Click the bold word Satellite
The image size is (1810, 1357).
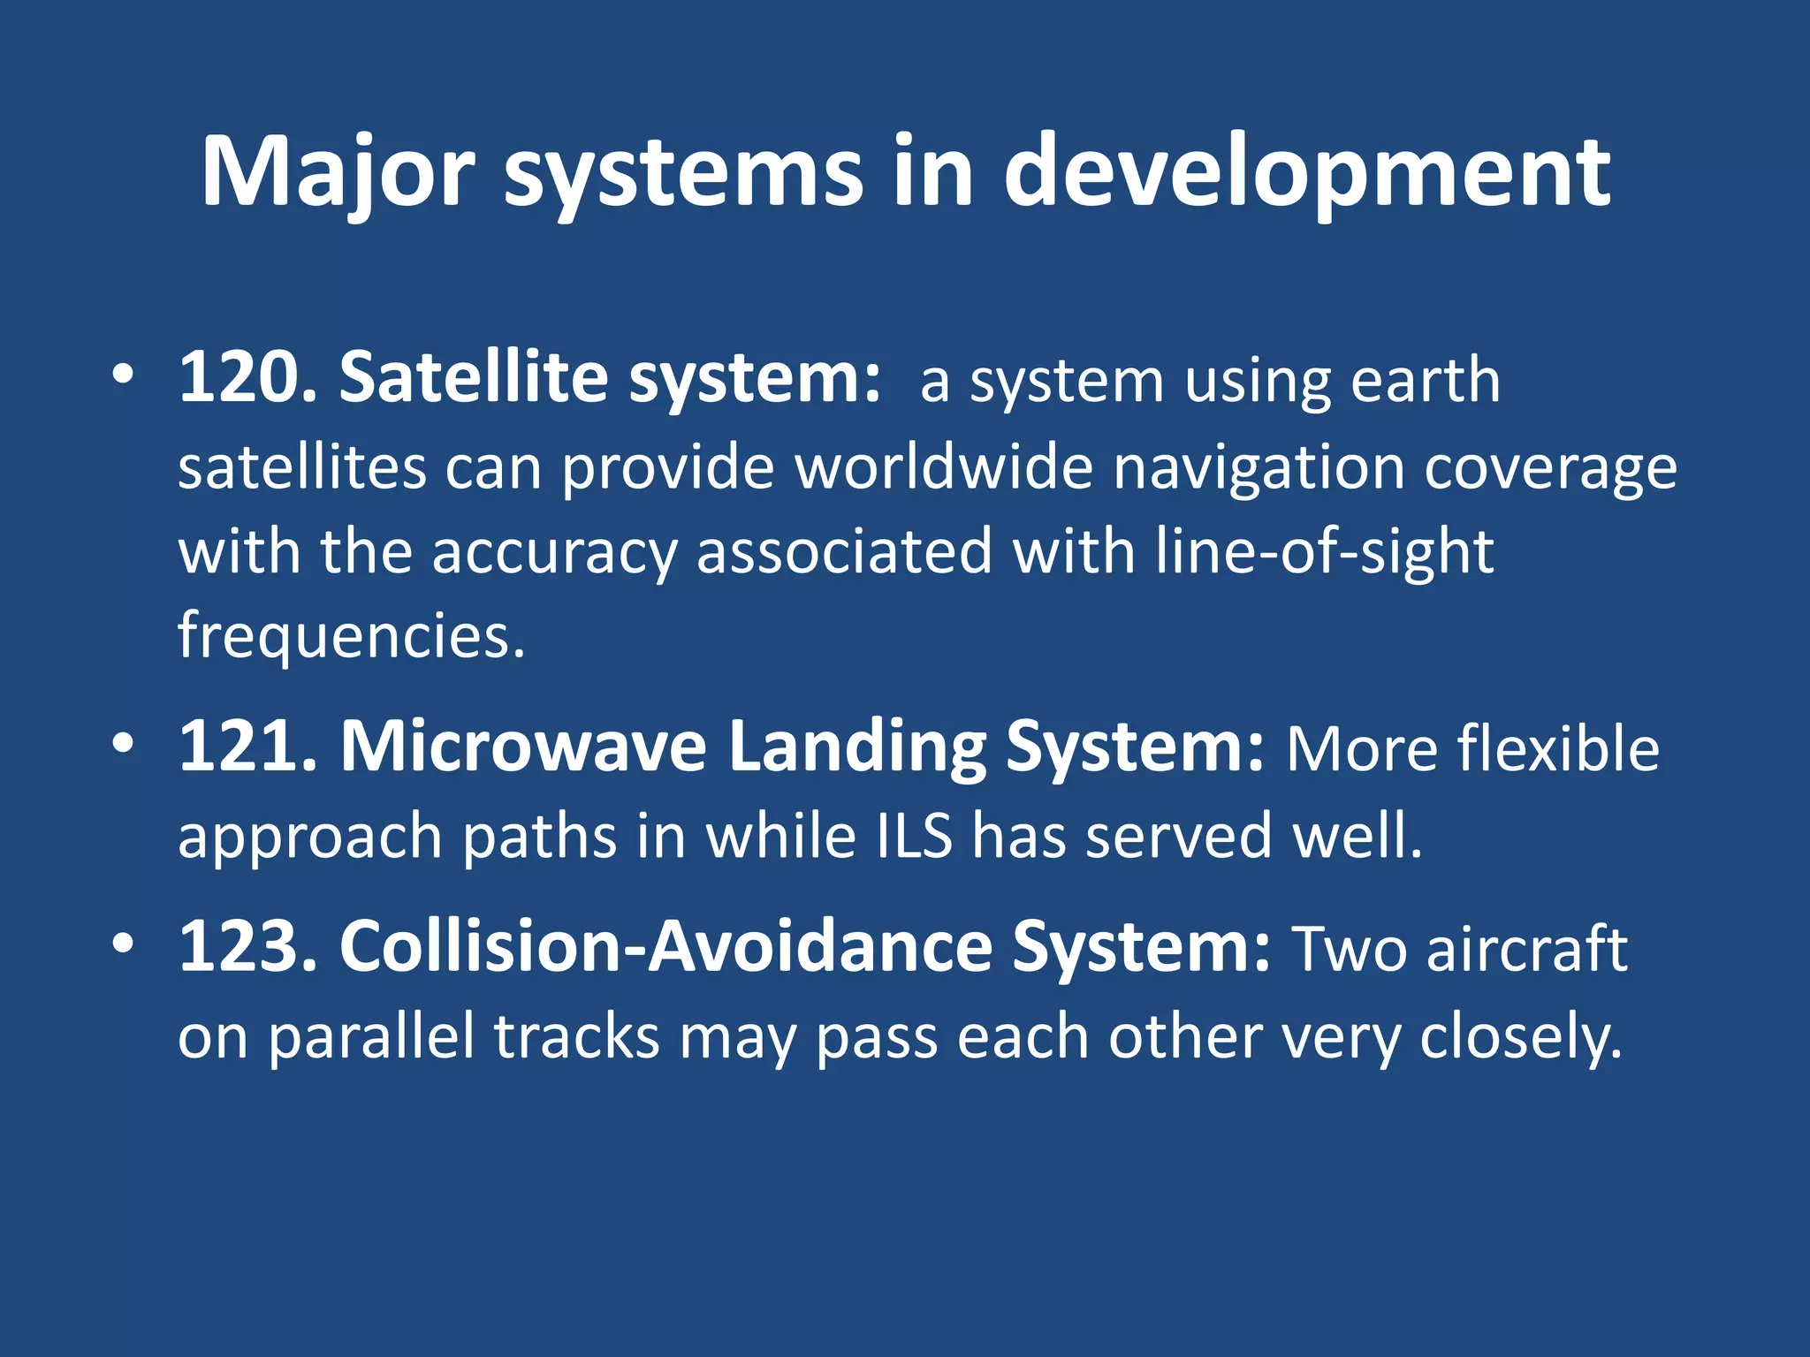[x=474, y=378]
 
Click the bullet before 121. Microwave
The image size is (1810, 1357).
[x=123, y=743]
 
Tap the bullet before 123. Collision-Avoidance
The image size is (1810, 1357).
[x=123, y=944]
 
